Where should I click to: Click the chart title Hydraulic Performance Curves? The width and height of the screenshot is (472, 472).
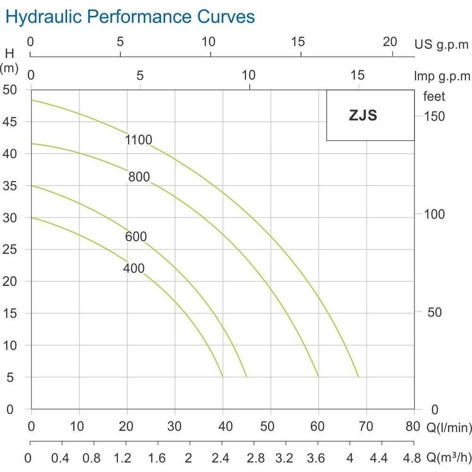pyautogui.click(x=130, y=17)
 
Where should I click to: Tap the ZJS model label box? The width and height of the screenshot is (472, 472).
pyautogui.click(x=370, y=115)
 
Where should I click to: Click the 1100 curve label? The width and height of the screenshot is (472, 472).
pyautogui.click(x=139, y=140)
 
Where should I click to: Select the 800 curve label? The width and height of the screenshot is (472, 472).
pyautogui.click(x=139, y=177)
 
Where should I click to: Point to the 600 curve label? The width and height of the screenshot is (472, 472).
pyautogui.click(x=136, y=236)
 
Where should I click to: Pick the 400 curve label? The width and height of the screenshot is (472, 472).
pyautogui.click(x=134, y=269)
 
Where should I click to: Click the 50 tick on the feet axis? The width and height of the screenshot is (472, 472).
pyautogui.click(x=434, y=312)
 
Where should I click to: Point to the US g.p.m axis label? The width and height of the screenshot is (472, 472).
pyautogui.click(x=442, y=45)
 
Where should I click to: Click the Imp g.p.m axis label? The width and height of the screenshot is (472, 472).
pyautogui.click(x=442, y=76)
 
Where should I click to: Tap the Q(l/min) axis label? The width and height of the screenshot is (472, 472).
pyautogui.click(x=449, y=428)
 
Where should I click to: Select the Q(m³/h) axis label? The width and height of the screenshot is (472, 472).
pyautogui.click(x=448, y=458)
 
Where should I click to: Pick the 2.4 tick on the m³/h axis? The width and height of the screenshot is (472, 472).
pyautogui.click(x=221, y=458)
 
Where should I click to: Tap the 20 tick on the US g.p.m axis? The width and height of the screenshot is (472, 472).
pyautogui.click(x=390, y=42)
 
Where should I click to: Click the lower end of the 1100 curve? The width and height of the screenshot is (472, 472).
pyautogui.click(x=359, y=377)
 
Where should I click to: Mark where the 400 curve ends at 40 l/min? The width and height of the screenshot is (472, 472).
pyautogui.click(x=222, y=377)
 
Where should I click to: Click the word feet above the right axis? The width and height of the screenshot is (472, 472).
pyautogui.click(x=434, y=97)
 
